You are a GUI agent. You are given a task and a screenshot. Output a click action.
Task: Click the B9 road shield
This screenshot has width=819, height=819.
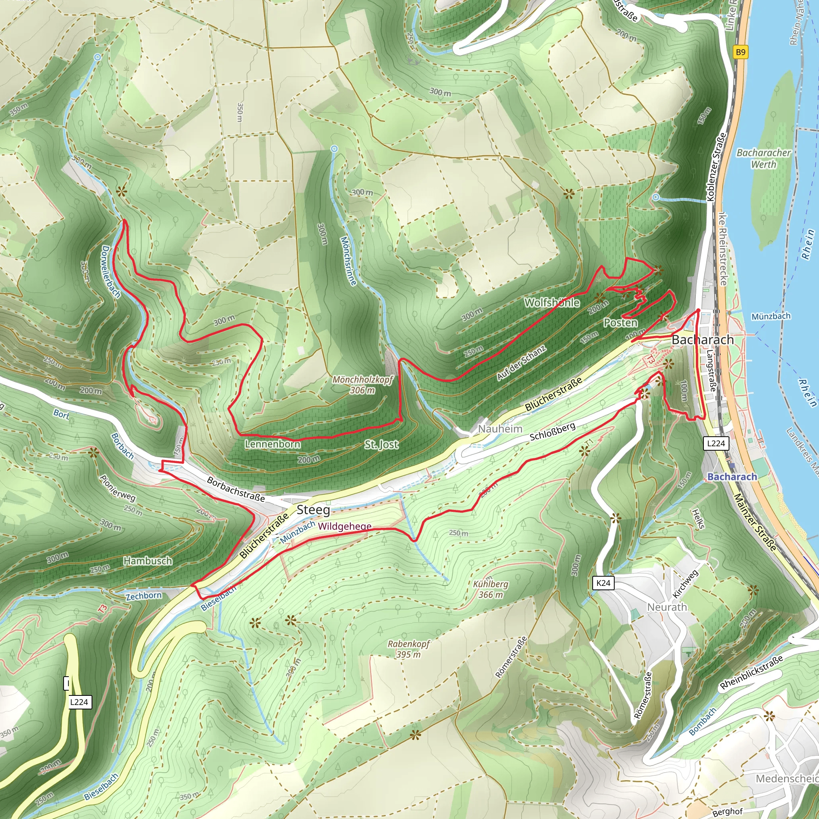point(740,52)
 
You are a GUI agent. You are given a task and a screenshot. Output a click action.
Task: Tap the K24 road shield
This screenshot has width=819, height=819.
point(603,583)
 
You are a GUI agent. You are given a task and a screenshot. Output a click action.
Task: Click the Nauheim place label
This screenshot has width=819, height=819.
point(500,429)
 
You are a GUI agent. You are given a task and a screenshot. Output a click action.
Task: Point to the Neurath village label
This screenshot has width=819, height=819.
point(667,607)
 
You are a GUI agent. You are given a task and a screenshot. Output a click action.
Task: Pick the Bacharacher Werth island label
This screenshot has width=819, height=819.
point(763,158)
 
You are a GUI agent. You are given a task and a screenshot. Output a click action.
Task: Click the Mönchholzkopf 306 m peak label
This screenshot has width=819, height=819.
point(362,384)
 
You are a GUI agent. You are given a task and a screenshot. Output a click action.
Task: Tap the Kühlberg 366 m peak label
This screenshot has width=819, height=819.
point(490,589)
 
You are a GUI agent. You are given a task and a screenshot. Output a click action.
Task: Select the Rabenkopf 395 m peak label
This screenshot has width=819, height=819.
point(409,649)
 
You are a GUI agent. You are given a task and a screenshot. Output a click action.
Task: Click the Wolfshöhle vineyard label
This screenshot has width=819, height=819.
point(551,302)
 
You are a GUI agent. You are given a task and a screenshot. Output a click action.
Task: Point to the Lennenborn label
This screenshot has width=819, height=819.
point(273,444)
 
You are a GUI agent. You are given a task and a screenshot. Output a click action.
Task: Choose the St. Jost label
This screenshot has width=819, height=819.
point(381,444)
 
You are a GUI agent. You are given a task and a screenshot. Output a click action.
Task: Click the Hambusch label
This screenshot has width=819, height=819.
point(148,561)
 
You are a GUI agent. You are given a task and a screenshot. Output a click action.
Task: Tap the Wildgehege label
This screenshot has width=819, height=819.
point(345,526)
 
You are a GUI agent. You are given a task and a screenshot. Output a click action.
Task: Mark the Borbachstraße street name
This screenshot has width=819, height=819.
point(236,489)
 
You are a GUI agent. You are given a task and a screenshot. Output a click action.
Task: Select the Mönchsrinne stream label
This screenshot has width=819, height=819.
point(348,261)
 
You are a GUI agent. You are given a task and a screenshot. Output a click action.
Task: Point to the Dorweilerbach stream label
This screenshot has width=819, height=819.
point(111,271)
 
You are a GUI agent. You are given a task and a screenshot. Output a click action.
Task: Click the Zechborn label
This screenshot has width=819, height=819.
point(144,595)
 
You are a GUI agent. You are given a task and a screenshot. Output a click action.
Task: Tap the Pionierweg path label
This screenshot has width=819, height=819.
point(118,488)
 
